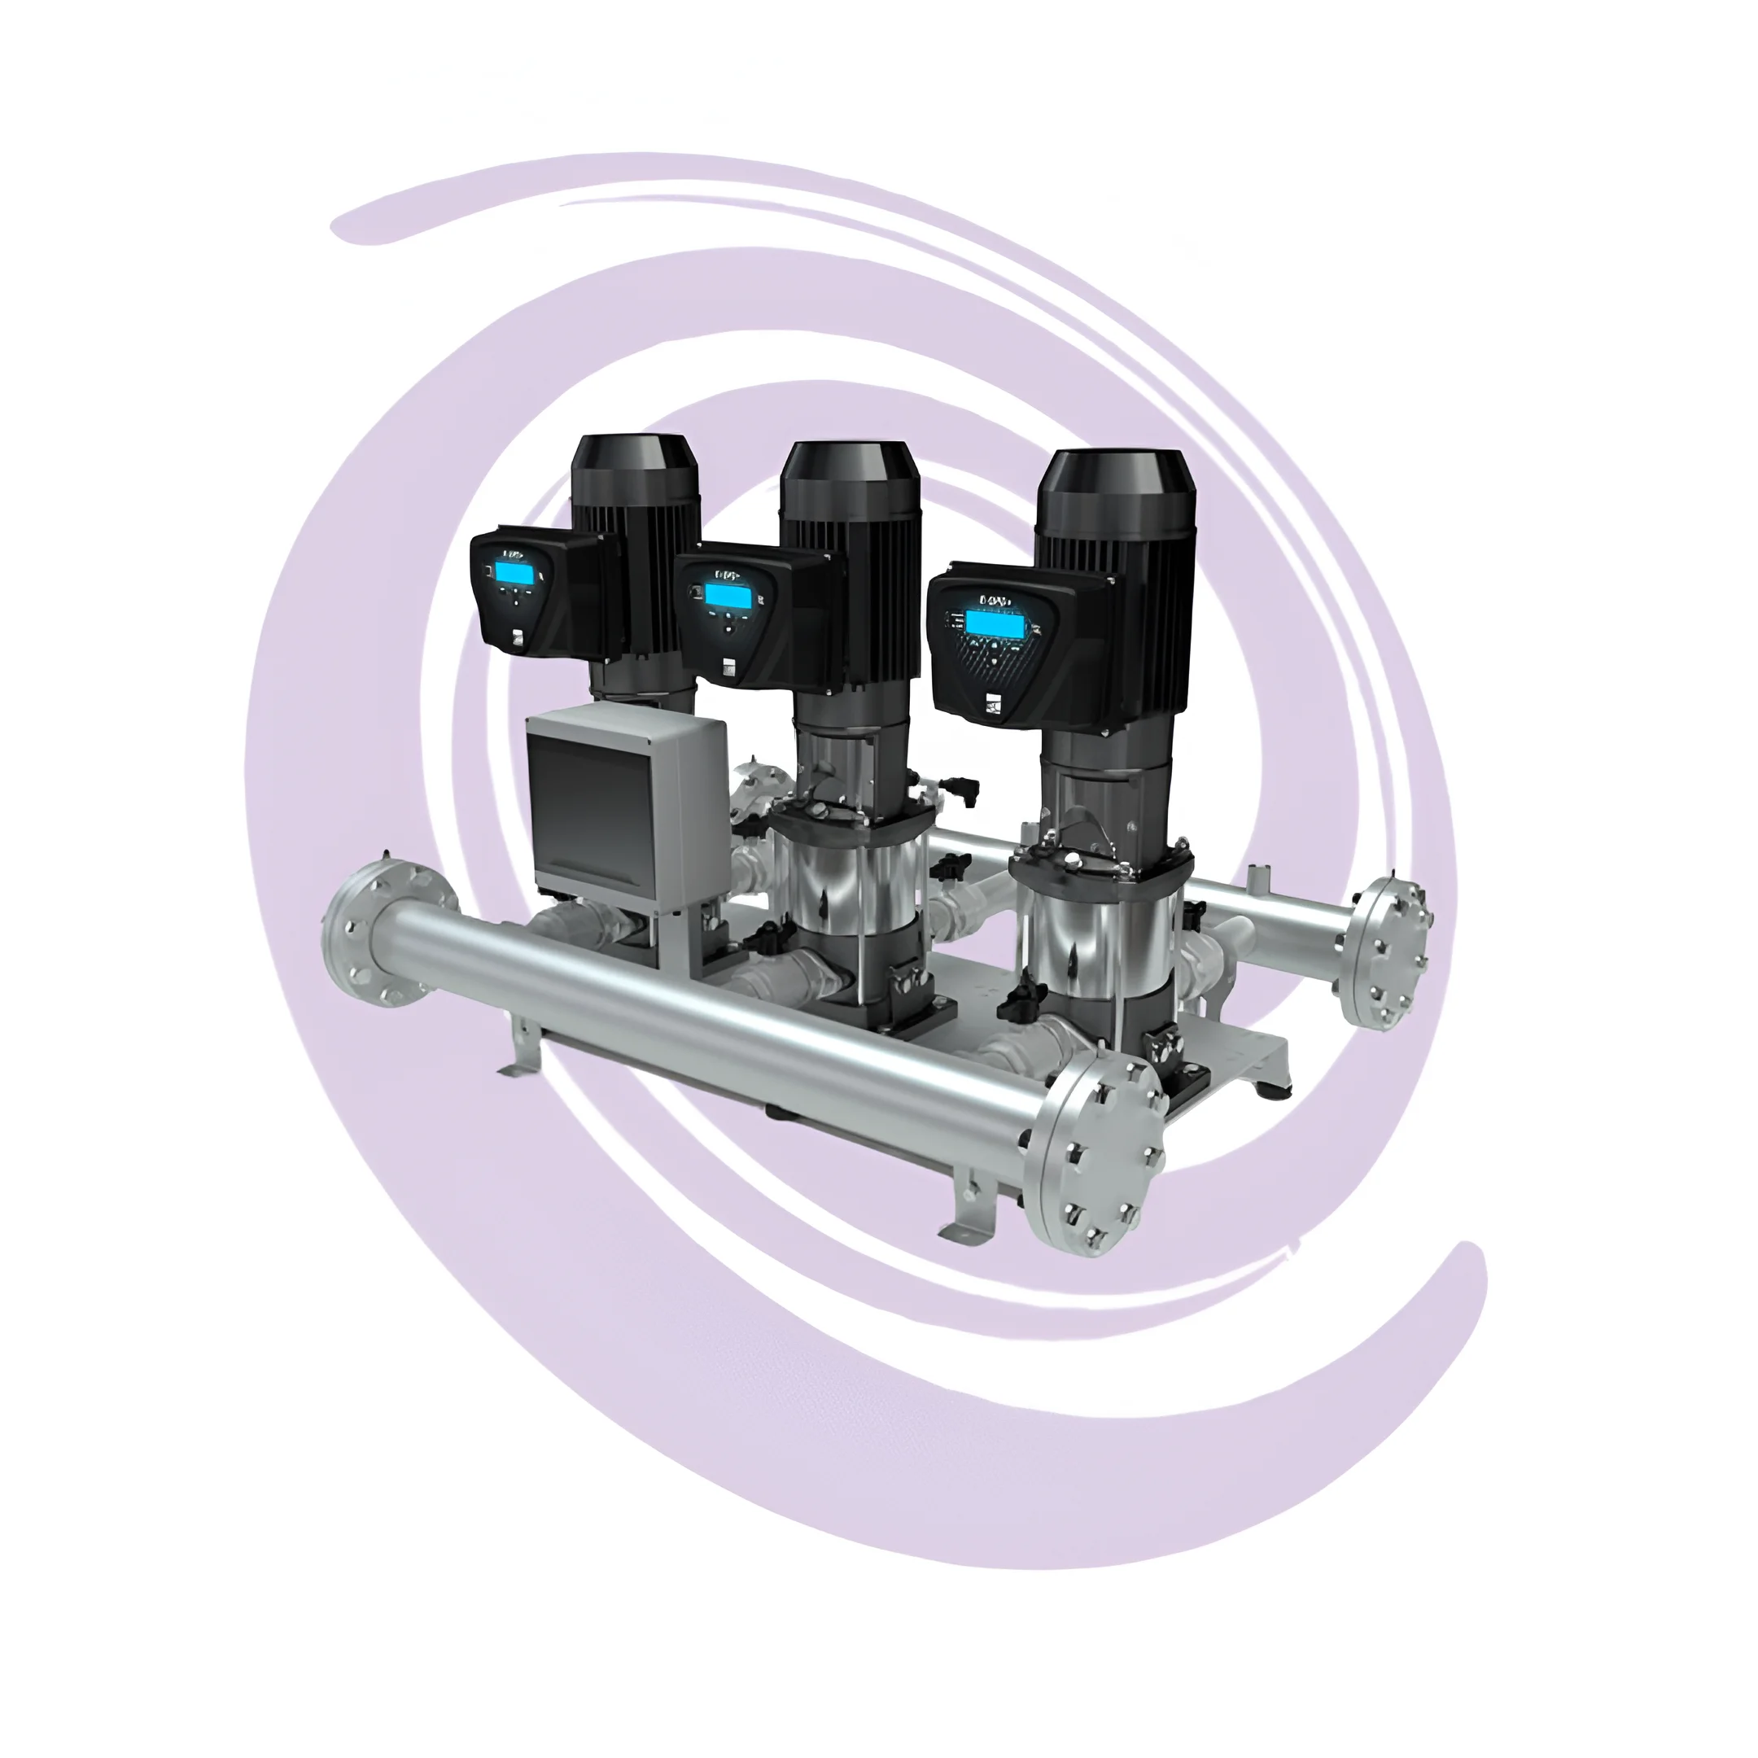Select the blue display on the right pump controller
click(x=994, y=624)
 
